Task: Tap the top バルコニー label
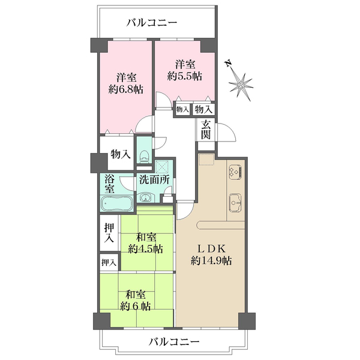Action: (152, 23)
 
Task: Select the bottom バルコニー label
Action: (173, 342)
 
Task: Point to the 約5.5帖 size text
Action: (184, 76)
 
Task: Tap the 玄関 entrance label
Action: (206, 130)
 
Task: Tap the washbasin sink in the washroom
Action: (146, 197)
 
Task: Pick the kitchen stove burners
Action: (234, 172)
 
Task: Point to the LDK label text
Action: (212, 248)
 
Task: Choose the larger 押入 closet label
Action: (109, 233)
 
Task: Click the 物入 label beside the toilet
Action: (120, 154)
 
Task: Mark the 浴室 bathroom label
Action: (110, 184)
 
